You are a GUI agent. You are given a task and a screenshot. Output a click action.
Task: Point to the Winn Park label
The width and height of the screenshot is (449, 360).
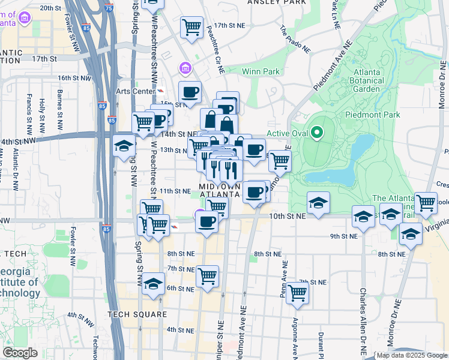(261, 71)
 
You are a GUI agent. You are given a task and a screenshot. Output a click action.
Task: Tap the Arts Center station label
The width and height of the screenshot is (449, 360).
(134, 91)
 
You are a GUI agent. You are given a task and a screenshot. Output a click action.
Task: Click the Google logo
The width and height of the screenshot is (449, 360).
(20, 352)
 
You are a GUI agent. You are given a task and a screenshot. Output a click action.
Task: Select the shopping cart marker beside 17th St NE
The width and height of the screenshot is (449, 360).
(191, 27)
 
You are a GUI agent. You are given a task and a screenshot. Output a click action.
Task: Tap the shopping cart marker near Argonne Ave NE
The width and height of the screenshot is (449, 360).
(297, 293)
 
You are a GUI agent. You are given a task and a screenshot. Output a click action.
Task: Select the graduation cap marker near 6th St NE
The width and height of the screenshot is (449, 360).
(154, 284)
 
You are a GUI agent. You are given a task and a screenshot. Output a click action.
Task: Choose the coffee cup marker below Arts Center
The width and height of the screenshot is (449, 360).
(191, 92)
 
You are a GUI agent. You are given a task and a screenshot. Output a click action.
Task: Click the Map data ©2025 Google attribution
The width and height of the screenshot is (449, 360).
(411, 355)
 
